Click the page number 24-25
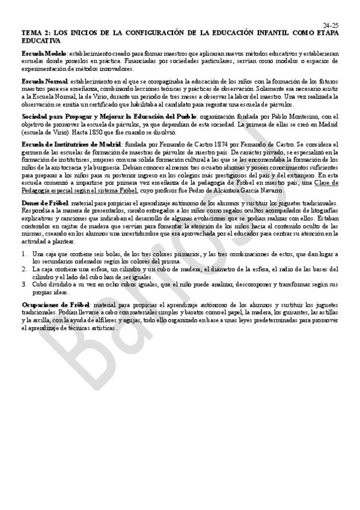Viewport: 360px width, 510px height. coord(330,25)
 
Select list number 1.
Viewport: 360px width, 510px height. coord(24,254)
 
